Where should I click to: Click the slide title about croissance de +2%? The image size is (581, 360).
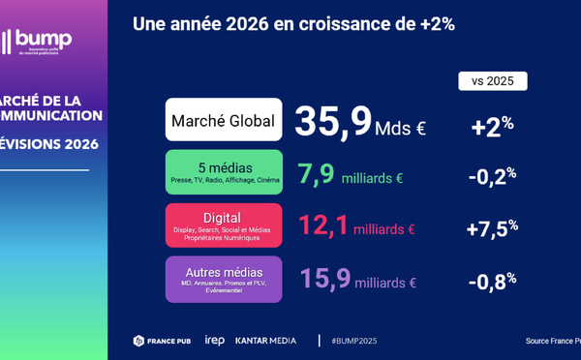(293, 24)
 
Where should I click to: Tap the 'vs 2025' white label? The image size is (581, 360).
(492, 80)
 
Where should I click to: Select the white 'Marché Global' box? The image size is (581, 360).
(224, 121)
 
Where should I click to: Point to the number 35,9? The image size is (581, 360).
(333, 122)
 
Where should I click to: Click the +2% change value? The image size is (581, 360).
(492, 126)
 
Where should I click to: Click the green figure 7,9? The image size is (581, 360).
(317, 174)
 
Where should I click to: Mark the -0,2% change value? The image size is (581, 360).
(492, 175)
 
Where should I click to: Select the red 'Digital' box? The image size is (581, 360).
(224, 225)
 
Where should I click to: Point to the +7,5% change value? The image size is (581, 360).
(492, 227)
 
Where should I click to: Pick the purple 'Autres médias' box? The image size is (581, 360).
(224, 279)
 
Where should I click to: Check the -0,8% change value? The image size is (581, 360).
(492, 281)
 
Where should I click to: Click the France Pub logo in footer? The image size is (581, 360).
(162, 341)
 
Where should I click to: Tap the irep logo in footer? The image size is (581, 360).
(214, 341)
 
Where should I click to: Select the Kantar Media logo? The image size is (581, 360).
(267, 341)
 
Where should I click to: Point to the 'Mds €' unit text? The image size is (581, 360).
(401, 128)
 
